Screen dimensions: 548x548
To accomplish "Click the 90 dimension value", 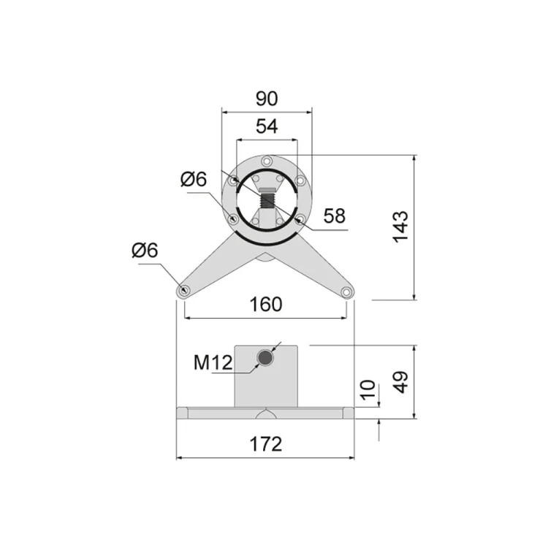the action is (267, 99).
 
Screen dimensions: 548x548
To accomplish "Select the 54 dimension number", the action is (267, 126).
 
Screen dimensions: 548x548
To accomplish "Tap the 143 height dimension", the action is (400, 227).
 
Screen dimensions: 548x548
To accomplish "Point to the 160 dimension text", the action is (266, 305).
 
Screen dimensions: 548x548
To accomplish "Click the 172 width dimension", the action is (266, 444).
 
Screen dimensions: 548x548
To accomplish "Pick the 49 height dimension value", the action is (400, 382).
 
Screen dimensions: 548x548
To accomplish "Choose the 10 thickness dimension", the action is (368, 389).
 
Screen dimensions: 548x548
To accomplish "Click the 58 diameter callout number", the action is (335, 216).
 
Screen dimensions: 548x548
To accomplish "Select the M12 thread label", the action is (213, 362).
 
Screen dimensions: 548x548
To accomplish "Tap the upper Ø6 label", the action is (194, 179).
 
